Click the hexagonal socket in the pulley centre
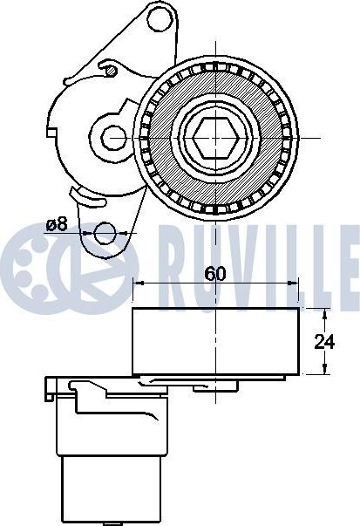(216, 138)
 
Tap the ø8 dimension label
(57, 224)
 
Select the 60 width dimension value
(215, 274)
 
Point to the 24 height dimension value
(324, 342)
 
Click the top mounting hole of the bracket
(160, 19)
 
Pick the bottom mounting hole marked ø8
(105, 233)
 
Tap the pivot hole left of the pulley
(114, 138)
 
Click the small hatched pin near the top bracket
(111, 71)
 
